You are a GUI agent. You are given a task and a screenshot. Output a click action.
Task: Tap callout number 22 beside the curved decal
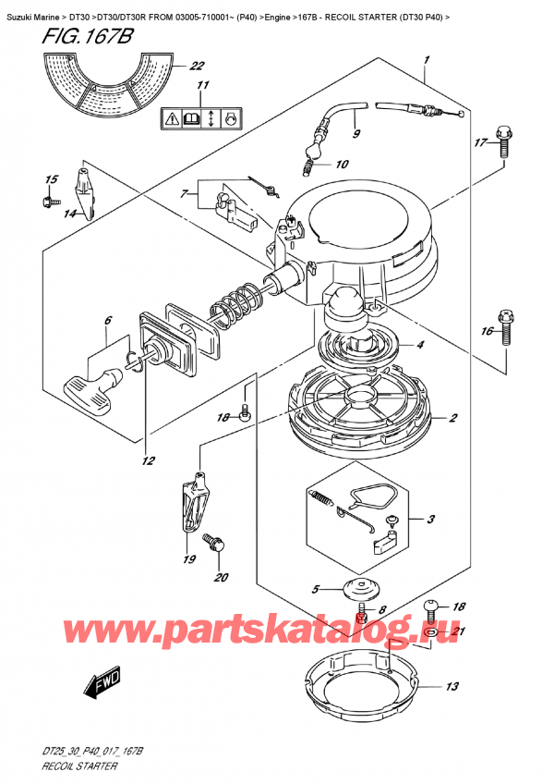[x=196, y=66]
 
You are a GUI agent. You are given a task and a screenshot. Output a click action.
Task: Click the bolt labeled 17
[x=503, y=140]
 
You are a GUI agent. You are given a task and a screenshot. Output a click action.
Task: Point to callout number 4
[x=420, y=346]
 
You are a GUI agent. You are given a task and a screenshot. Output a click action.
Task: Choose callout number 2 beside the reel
[x=453, y=419]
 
